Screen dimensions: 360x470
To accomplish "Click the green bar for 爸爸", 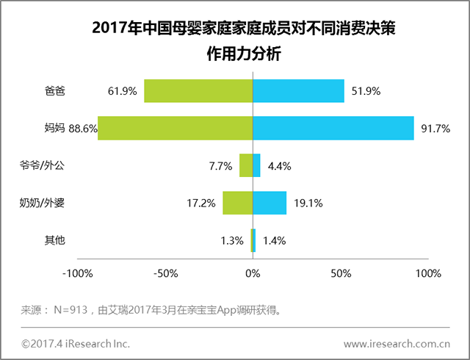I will pyautogui.click(x=198, y=91).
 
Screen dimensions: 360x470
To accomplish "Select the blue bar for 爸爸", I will pyautogui.click(x=298, y=91).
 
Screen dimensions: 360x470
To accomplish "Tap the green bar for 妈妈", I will pyautogui.click(x=175, y=129).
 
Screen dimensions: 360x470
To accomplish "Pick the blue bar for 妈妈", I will pyautogui.click(x=333, y=129).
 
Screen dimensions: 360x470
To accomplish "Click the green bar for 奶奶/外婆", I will pyautogui.click(x=237, y=203).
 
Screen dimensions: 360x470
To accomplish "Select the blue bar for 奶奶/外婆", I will pyautogui.click(x=270, y=203).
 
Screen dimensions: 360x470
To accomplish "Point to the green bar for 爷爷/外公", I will pyautogui.click(x=246, y=166).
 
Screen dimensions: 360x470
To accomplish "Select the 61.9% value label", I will pyautogui.click(x=123, y=92).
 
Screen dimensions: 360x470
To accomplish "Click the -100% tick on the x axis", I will pyautogui.click(x=78, y=275).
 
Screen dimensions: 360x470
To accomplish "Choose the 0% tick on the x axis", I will pyautogui.click(x=253, y=275).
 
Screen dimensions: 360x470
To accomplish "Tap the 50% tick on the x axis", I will pyautogui.click(x=340, y=275).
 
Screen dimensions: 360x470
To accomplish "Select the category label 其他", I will pyautogui.click(x=55, y=240).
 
